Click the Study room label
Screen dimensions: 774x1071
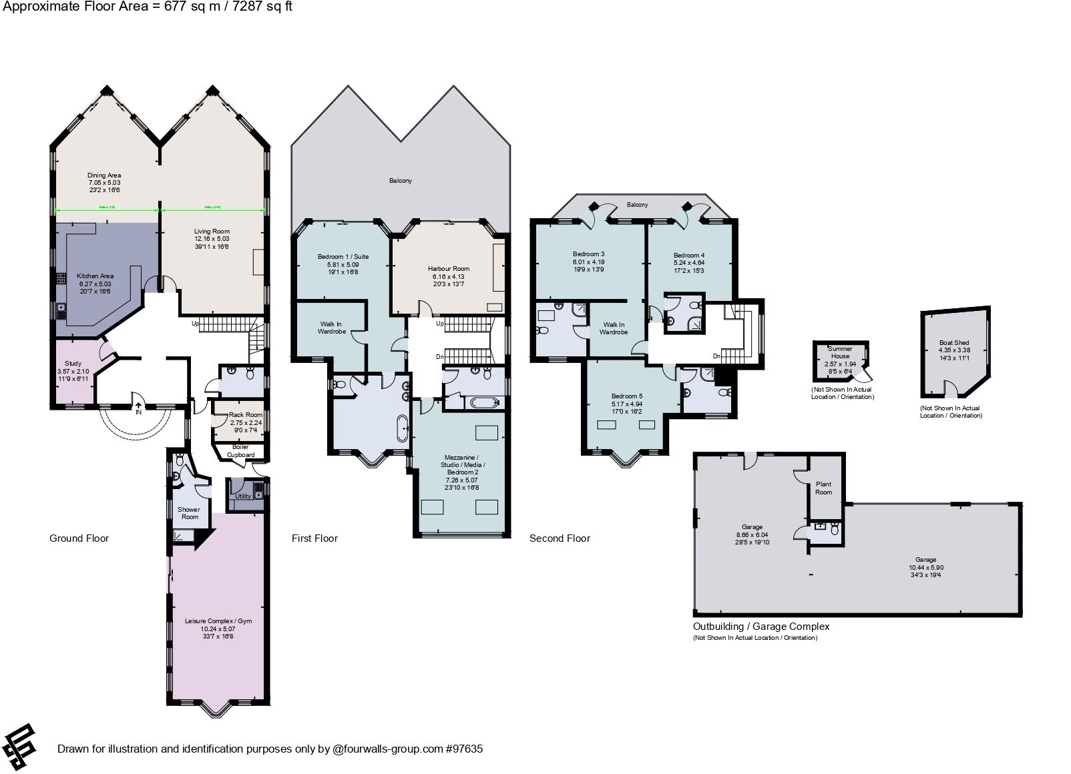click(x=73, y=364)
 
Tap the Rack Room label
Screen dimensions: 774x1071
click(x=245, y=415)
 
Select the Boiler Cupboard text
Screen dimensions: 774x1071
click(x=240, y=451)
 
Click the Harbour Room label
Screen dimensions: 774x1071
click(x=449, y=269)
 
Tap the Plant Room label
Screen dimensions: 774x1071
click(x=823, y=488)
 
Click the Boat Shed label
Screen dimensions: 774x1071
click(x=953, y=343)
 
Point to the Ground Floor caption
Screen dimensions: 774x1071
click(x=79, y=538)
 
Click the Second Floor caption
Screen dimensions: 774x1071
click(x=560, y=538)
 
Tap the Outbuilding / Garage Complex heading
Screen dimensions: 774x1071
click(x=761, y=627)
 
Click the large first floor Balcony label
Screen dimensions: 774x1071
click(x=401, y=181)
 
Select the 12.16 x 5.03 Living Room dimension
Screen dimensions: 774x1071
click(x=212, y=239)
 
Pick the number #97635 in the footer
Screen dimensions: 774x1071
click(x=463, y=749)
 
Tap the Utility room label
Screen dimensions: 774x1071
click(x=243, y=496)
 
